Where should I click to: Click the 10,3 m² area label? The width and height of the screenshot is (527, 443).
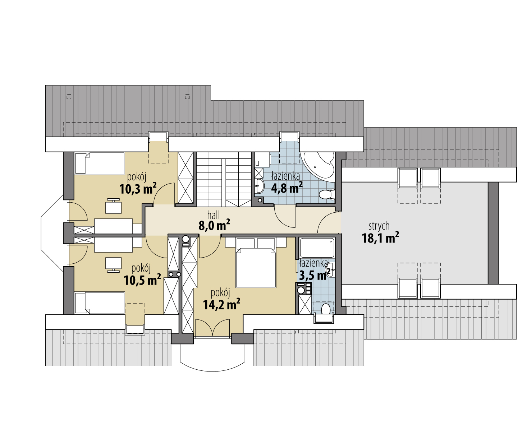[x=138, y=189]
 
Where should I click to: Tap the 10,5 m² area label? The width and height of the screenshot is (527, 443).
[x=142, y=279]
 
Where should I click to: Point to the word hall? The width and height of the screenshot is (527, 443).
[x=214, y=215]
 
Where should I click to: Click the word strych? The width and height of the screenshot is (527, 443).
[x=379, y=226]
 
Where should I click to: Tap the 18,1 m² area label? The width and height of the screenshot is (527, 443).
[x=381, y=237]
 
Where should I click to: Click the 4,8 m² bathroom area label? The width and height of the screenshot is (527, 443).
[x=287, y=188]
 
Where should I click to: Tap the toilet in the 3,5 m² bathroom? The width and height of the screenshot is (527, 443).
[x=326, y=309]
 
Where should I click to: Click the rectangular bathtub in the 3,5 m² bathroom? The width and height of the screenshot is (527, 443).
[x=317, y=248]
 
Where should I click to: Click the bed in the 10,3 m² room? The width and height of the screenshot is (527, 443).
[x=100, y=163]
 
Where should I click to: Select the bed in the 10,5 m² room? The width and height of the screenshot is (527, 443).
[x=100, y=303]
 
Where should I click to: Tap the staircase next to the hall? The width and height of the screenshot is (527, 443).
[x=224, y=179]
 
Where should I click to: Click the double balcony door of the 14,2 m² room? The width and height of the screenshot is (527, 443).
[x=212, y=328]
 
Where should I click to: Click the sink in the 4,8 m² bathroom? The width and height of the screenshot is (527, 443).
[x=259, y=186]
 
